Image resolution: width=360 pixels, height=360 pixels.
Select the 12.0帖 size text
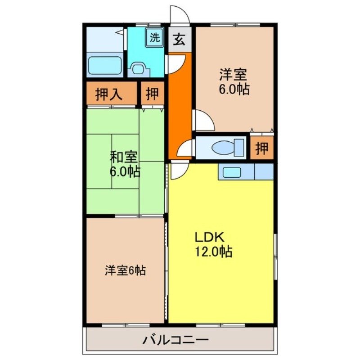pos(213,252)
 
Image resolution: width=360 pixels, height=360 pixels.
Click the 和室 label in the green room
pos(124,157)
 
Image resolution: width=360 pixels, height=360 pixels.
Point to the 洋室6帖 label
pos(125,271)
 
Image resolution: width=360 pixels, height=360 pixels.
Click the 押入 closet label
pos(109,94)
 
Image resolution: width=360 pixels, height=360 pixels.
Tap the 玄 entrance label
pos(179,40)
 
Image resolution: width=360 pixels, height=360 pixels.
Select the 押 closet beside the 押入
pos(152,94)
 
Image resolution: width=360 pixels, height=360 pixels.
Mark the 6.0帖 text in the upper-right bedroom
pos(234,89)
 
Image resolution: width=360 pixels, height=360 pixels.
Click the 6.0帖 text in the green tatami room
pos(124,171)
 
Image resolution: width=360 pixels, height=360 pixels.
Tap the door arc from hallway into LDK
pos(178,170)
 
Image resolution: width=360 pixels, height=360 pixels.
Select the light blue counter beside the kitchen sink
pos(264,171)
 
